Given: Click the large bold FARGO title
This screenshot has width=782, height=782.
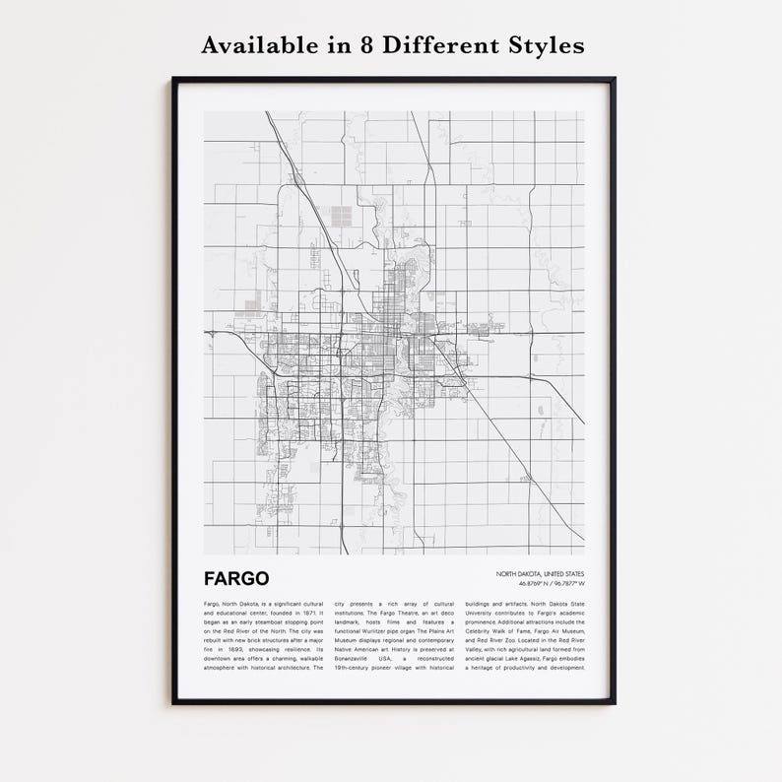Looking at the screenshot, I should pyautogui.click(x=236, y=577).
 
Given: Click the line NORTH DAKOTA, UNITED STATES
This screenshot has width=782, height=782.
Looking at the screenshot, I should pyautogui.click(x=540, y=573).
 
